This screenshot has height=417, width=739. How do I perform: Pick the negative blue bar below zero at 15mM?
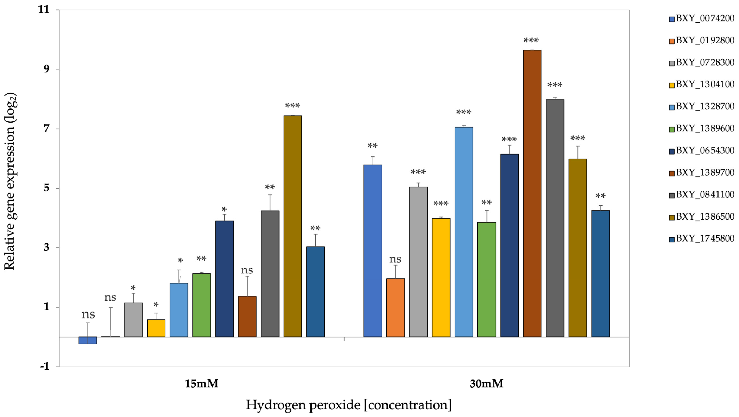point(88,340)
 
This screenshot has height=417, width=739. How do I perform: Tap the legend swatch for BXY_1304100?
point(672,85)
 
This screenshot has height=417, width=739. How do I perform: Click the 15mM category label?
point(201,384)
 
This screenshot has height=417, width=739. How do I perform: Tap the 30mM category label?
point(486,384)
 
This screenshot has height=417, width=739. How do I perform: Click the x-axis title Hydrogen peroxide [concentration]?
point(349,405)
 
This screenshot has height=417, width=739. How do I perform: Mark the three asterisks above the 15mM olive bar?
point(292,106)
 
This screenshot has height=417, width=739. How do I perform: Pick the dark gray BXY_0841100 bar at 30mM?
point(555,218)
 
